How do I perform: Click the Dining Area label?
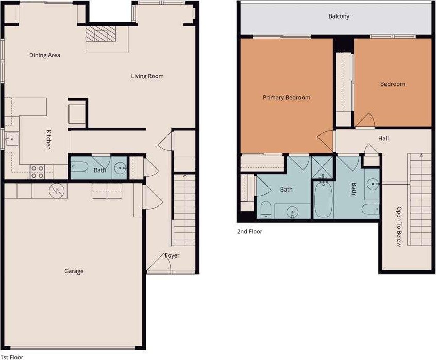[45, 55]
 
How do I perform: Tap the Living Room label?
[147, 76]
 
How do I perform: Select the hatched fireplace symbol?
[100, 34]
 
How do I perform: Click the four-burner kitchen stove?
[37, 172]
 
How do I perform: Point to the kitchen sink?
[11, 139]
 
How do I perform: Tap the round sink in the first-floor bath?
[121, 168]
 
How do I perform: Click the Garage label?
[74, 271]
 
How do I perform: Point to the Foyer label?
[172, 255]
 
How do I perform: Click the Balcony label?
[339, 16]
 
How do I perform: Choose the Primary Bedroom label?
[287, 97]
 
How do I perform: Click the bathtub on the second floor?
[324, 199]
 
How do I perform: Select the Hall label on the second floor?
[383, 139]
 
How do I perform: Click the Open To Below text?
[399, 227]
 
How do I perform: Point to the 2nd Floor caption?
[250, 231]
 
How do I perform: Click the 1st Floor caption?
[12, 357]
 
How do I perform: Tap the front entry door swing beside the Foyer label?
[159, 262]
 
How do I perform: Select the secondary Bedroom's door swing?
[365, 120]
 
